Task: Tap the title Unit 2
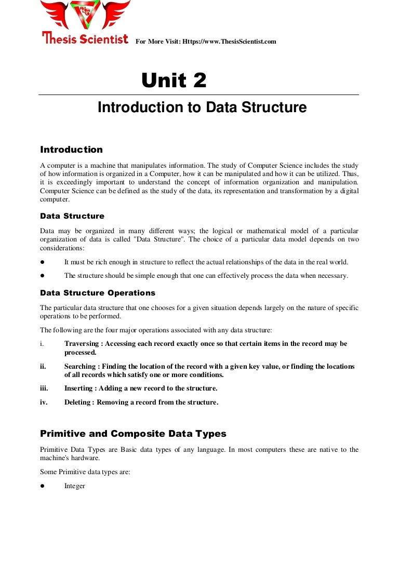[174, 80]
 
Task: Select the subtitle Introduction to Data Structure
[202, 108]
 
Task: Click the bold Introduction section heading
[71, 150]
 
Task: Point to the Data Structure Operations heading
[98, 293]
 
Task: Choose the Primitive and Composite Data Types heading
[133, 434]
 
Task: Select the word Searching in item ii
[80, 366]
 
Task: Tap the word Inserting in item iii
[78, 388]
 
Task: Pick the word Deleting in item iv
[78, 402]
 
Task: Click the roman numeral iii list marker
[44, 388]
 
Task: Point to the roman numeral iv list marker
[44, 402]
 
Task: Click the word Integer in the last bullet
[74, 486]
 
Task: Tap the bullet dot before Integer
[43, 486]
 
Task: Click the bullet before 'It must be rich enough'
[43, 262]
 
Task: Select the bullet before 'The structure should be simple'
[43, 276]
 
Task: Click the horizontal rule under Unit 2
[199, 95]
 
